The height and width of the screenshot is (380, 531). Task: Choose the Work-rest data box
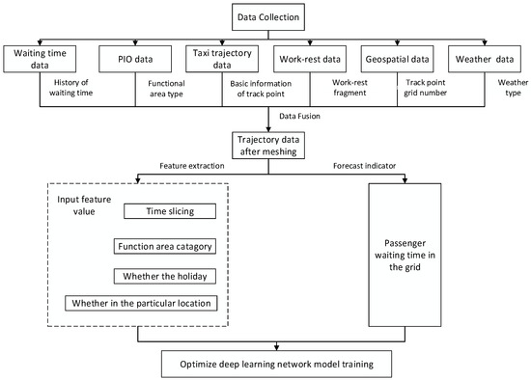308,60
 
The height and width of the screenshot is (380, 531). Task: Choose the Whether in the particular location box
141,304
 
